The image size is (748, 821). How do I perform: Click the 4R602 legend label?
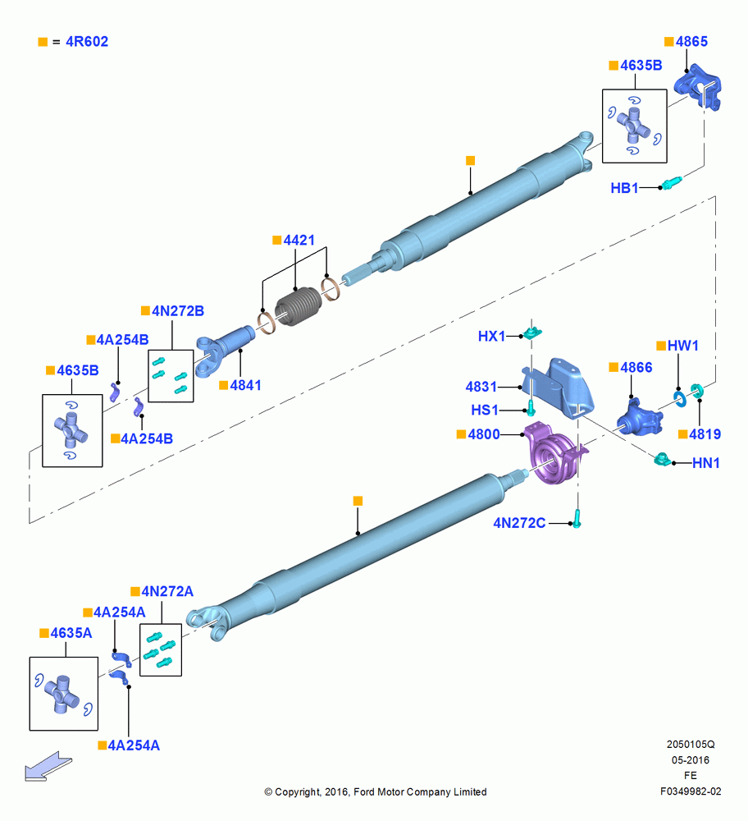(x=87, y=41)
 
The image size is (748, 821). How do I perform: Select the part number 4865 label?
(x=691, y=41)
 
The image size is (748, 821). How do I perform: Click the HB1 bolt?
(x=672, y=183)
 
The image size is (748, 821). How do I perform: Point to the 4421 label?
(x=299, y=241)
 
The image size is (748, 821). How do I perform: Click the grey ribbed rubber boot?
(x=297, y=305)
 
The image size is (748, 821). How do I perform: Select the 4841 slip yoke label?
(x=245, y=385)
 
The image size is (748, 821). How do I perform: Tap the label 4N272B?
(x=178, y=311)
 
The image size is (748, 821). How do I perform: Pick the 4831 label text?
(x=481, y=387)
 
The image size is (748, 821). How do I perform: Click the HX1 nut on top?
(x=532, y=333)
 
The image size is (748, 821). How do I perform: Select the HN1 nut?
(x=662, y=460)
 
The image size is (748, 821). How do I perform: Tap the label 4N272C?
(x=519, y=523)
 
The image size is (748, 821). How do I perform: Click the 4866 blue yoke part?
(x=639, y=418)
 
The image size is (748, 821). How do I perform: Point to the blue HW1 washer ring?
(x=679, y=398)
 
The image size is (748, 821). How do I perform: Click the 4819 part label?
(x=705, y=434)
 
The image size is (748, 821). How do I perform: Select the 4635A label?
(x=71, y=633)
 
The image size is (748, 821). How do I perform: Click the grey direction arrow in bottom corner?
(x=48, y=766)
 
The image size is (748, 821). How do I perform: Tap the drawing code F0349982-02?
(x=691, y=791)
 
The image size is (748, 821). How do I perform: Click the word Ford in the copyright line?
(x=365, y=792)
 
